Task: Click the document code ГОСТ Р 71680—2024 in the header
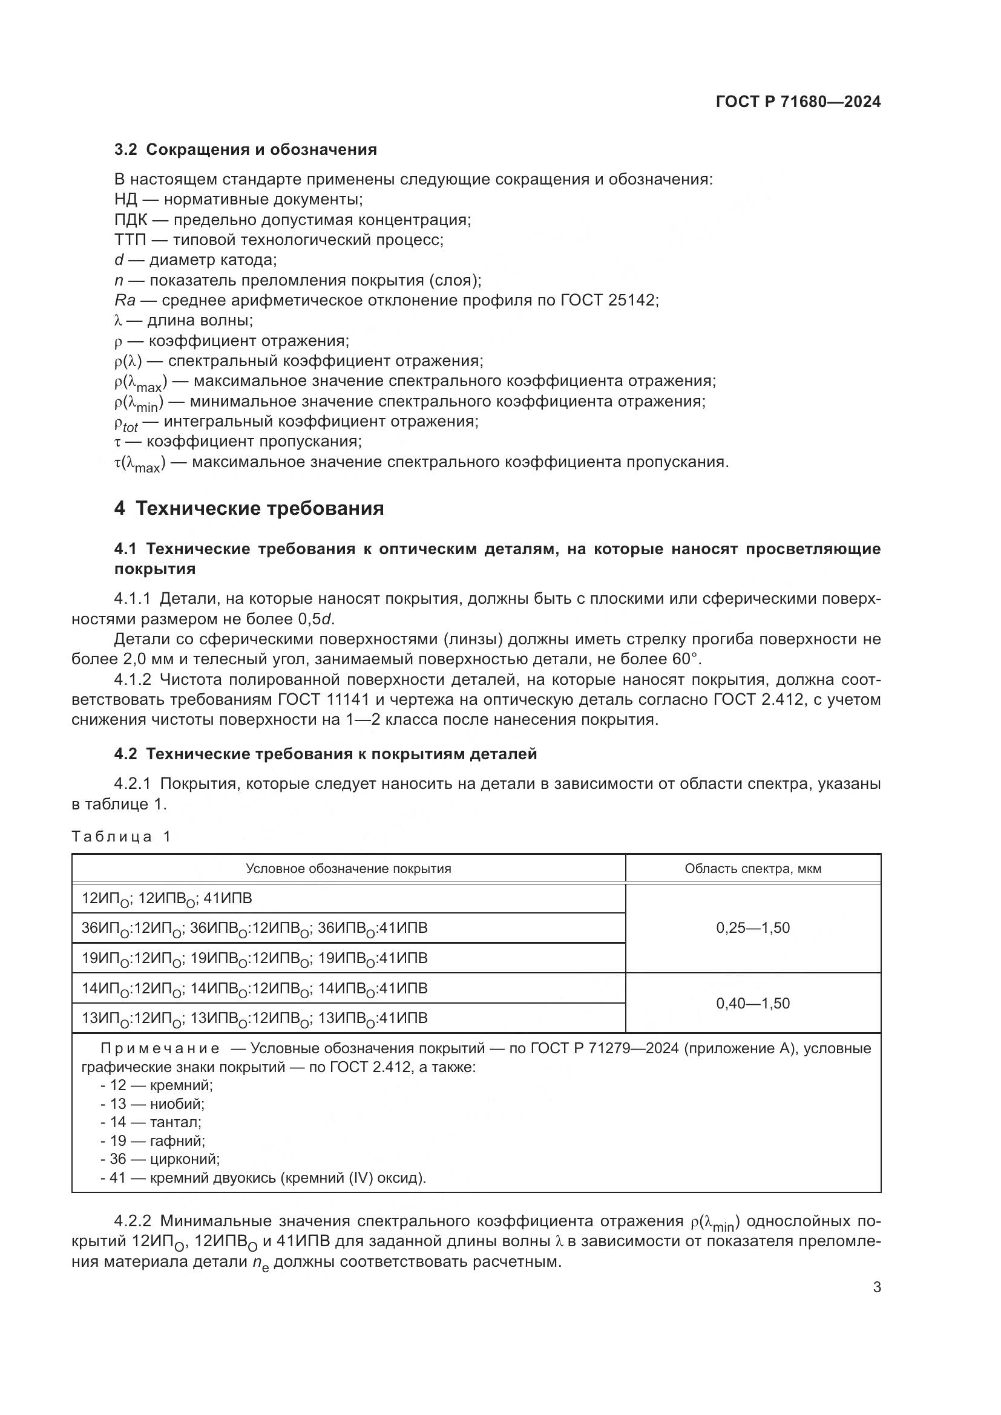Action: pos(798,102)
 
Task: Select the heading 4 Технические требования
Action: pos(249,508)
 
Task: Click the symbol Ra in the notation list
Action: pos(125,300)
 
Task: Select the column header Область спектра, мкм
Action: pos(753,868)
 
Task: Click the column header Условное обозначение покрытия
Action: pos(348,868)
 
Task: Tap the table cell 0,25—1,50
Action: pos(753,928)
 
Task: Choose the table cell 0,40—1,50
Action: pos(753,1003)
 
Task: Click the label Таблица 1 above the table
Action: pos(121,836)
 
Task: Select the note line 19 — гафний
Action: pos(153,1141)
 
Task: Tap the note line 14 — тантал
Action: pos(151,1122)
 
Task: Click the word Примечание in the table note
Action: pos(160,1048)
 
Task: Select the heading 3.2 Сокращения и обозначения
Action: pos(245,150)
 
